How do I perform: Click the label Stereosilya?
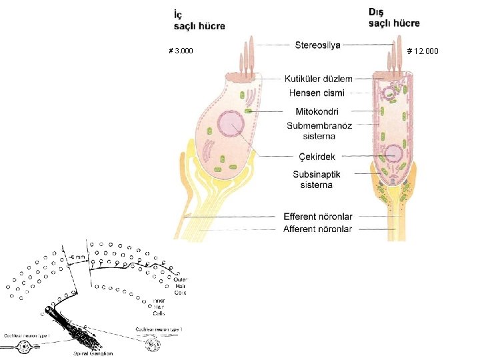pyautogui.click(x=317, y=45)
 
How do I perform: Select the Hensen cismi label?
pyautogui.click(x=317, y=92)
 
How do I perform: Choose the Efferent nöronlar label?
pyautogui.click(x=318, y=217)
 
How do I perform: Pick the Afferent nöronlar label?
pyautogui.click(x=318, y=229)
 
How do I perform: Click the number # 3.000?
pyautogui.click(x=181, y=51)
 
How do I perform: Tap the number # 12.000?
pyautogui.click(x=423, y=51)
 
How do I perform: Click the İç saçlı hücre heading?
pyautogui.click(x=199, y=20)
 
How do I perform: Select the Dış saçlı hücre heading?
pyautogui.click(x=394, y=18)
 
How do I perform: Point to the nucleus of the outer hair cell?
pyautogui.click(x=394, y=154)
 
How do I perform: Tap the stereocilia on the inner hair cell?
pyautogui.click(x=247, y=57)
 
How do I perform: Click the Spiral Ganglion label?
pyautogui.click(x=93, y=353)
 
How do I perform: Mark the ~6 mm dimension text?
pyautogui.click(x=78, y=257)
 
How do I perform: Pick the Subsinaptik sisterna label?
pyautogui.click(x=317, y=179)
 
